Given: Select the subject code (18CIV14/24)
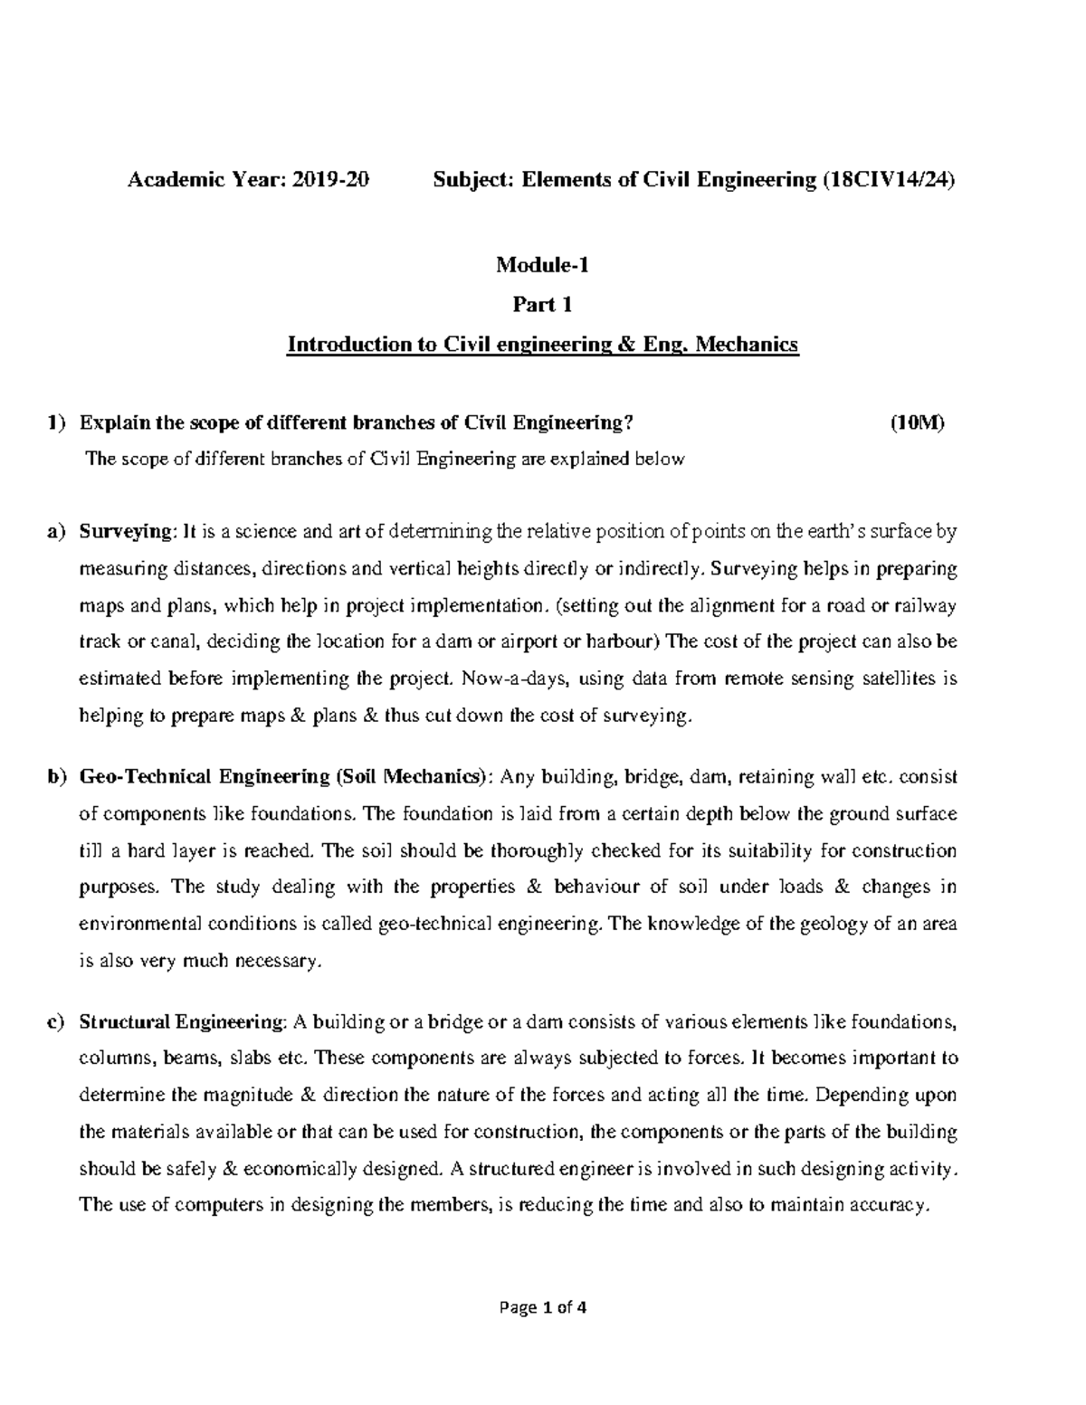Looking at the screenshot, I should tap(888, 180).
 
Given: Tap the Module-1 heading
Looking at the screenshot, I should tap(542, 265).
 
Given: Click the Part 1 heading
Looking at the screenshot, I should tap(542, 305).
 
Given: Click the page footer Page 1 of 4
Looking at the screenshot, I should tap(542, 1307).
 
